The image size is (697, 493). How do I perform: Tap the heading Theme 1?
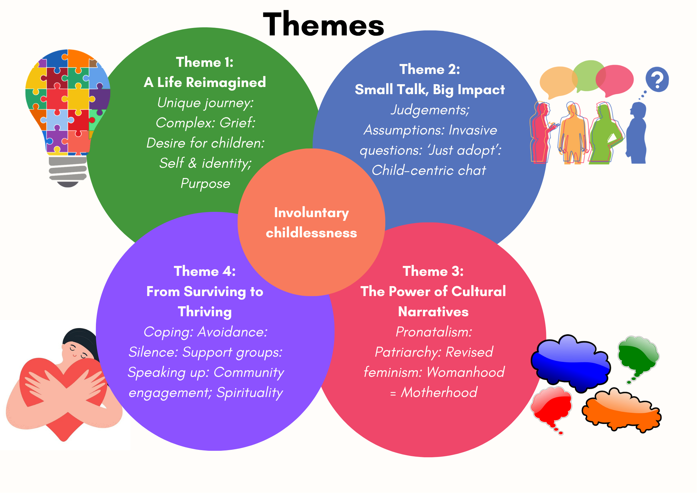[205, 62]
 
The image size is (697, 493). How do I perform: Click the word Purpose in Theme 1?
[205, 184]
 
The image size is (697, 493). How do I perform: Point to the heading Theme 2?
[430, 69]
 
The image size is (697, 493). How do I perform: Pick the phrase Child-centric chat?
[429, 170]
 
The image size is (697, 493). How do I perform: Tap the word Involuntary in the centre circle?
[311, 213]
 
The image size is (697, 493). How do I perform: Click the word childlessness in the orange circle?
[311, 233]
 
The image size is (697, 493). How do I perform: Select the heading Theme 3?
[433, 271]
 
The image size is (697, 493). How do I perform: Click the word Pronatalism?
[433, 332]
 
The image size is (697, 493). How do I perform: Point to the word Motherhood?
[439, 392]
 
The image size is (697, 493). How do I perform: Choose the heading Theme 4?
[205, 271]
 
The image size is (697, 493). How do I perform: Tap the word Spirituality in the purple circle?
[250, 393]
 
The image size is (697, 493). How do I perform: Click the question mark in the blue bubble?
[657, 80]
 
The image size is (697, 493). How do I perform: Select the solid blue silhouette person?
[636, 134]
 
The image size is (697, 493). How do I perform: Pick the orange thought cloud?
[621, 410]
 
